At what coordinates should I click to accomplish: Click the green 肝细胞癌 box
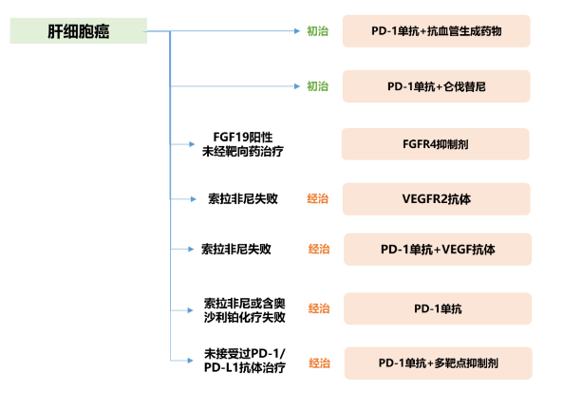[x=79, y=31]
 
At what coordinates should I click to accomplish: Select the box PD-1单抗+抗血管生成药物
[x=436, y=31]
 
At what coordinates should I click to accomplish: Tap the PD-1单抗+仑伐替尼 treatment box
[x=436, y=86]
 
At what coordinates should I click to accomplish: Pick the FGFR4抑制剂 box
[x=436, y=144]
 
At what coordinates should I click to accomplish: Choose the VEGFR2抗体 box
[x=436, y=199]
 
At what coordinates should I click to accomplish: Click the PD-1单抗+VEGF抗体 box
[x=438, y=250]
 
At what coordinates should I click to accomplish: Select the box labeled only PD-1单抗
[x=438, y=308]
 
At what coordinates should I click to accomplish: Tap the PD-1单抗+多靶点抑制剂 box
[x=439, y=363]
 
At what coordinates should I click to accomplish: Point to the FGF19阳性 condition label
[x=243, y=137]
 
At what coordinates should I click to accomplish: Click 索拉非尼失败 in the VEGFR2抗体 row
[x=243, y=198]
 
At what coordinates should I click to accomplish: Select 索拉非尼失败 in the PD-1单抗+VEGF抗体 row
[x=235, y=249]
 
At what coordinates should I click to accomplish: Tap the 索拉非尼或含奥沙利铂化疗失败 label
[x=245, y=310]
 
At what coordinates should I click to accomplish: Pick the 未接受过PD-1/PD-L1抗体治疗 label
[x=245, y=361]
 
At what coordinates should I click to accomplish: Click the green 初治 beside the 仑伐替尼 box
[x=318, y=86]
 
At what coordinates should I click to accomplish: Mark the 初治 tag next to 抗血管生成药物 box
[x=318, y=31]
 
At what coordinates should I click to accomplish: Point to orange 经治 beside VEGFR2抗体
[x=318, y=198]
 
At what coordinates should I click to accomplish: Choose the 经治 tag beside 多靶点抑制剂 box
[x=320, y=363]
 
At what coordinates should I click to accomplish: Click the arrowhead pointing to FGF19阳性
[x=192, y=144]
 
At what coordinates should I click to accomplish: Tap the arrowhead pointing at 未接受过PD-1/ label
[x=190, y=361]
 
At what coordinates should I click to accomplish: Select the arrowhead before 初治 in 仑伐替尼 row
[x=297, y=86]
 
